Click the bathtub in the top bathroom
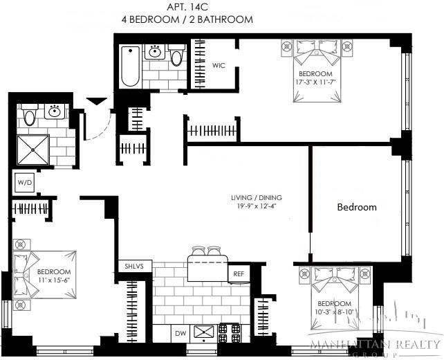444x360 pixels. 129,66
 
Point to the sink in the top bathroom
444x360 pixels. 156,53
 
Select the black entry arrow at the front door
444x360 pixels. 97,102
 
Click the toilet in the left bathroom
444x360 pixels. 30,116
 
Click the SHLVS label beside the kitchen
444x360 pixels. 133,266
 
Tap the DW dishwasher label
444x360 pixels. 180,334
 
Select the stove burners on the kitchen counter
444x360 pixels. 228,333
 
